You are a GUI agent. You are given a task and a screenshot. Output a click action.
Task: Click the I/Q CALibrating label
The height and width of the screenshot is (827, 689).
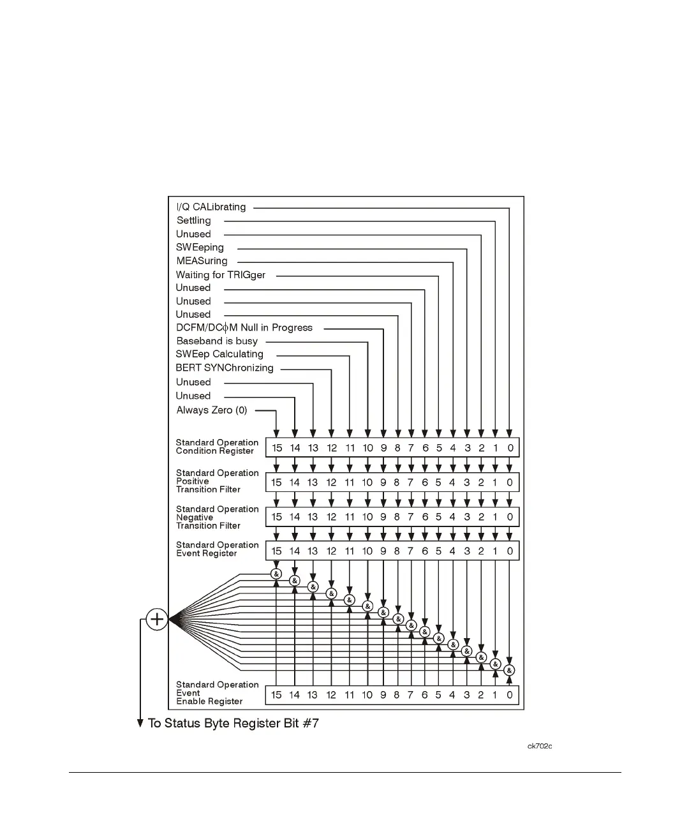click(x=211, y=207)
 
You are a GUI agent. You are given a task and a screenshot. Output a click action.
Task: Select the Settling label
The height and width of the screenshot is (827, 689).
click(x=193, y=221)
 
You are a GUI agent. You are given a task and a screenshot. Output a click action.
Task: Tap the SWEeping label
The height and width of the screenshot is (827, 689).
click(x=200, y=248)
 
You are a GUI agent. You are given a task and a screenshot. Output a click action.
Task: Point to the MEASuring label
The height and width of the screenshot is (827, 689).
click(x=202, y=261)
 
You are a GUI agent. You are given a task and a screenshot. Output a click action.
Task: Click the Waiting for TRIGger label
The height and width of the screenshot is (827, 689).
click(x=221, y=275)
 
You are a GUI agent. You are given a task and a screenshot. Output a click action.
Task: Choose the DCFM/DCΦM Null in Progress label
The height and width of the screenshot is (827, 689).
click(x=244, y=328)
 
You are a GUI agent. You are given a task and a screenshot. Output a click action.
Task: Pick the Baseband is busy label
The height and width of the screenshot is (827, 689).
click(x=217, y=341)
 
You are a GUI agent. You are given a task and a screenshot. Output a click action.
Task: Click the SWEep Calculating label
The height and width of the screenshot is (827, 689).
click(x=219, y=354)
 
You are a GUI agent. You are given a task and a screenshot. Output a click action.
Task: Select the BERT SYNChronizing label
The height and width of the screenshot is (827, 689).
click(x=225, y=368)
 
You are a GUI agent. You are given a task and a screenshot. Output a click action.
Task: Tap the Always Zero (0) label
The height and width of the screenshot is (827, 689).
click(x=212, y=410)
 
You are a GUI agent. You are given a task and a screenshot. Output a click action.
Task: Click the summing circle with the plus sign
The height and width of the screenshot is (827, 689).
click(x=157, y=619)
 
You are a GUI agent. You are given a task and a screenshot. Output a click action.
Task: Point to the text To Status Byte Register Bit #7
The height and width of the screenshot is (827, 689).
click(x=233, y=724)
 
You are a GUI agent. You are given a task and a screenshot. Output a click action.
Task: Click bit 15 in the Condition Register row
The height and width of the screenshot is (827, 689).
click(x=277, y=448)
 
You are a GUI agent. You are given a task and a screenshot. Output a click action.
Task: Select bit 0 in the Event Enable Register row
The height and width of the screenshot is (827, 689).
click(x=510, y=695)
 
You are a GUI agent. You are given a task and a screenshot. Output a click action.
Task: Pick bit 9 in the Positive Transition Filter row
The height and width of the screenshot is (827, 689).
click(x=383, y=482)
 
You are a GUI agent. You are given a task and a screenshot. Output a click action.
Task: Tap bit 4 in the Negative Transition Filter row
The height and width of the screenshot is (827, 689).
click(x=452, y=517)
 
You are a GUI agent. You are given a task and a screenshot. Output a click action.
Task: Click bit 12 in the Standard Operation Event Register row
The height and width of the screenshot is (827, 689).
click(x=331, y=551)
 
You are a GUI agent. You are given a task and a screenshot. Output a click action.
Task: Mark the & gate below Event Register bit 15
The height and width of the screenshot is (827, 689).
click(x=276, y=574)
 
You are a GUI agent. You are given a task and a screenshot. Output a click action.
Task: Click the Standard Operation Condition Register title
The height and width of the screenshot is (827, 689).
click(x=217, y=447)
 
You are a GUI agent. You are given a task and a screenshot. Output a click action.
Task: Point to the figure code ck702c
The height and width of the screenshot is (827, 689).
click(x=540, y=746)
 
